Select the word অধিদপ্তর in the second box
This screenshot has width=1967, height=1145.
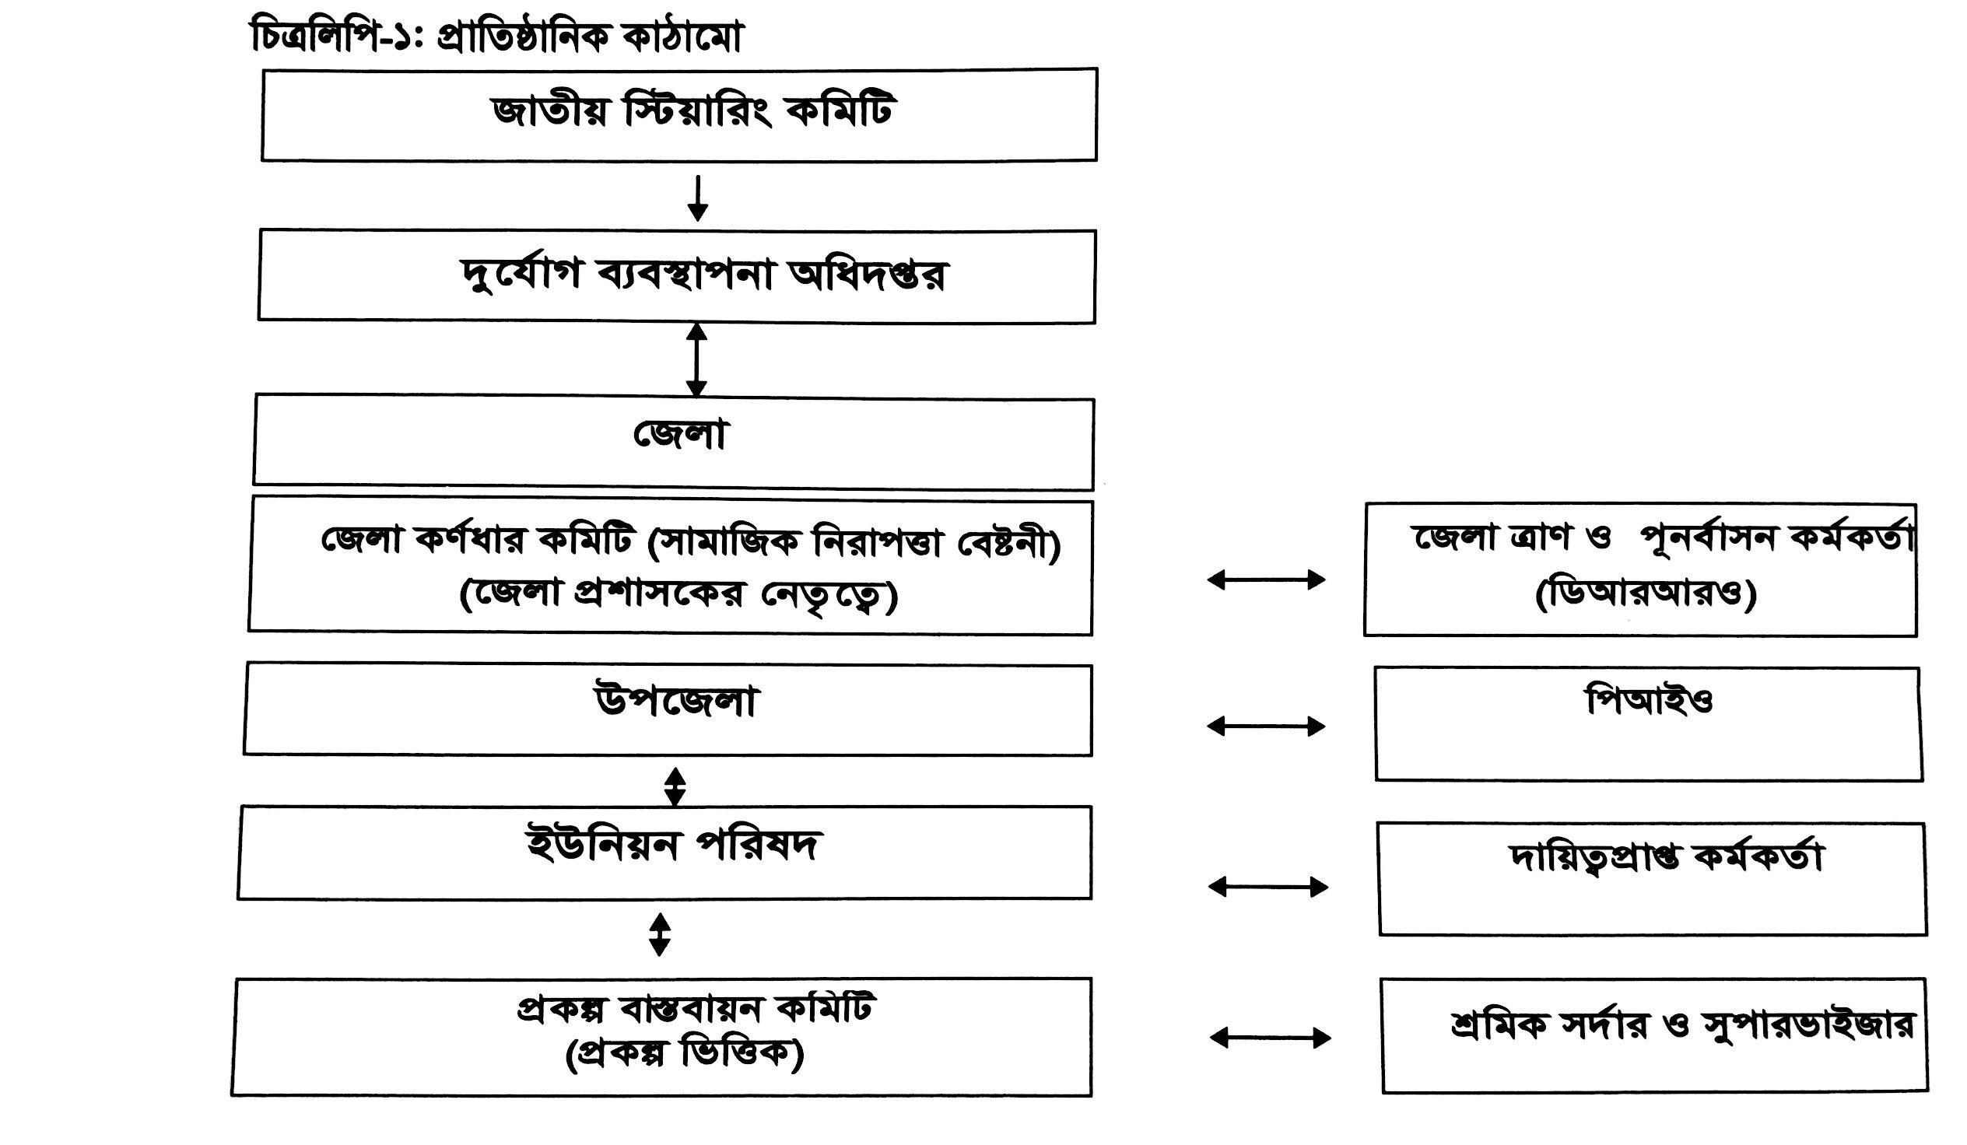(x=867, y=275)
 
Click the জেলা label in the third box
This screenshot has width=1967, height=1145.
(x=680, y=435)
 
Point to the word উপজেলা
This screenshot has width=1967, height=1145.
(x=676, y=701)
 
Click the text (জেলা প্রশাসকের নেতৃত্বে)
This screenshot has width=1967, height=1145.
(x=678, y=595)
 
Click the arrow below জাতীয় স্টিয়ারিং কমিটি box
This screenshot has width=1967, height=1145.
(x=698, y=198)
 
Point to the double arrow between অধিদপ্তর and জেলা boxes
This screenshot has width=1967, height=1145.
(x=696, y=361)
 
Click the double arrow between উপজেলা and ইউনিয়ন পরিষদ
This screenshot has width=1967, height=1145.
(x=675, y=787)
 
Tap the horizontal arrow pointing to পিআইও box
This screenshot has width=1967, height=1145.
(x=1266, y=727)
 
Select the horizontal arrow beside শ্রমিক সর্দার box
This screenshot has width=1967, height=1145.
(x=1270, y=1038)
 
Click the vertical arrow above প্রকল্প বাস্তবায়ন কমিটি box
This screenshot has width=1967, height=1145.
(x=660, y=935)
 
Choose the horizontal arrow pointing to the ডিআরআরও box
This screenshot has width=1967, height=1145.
(x=1266, y=580)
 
